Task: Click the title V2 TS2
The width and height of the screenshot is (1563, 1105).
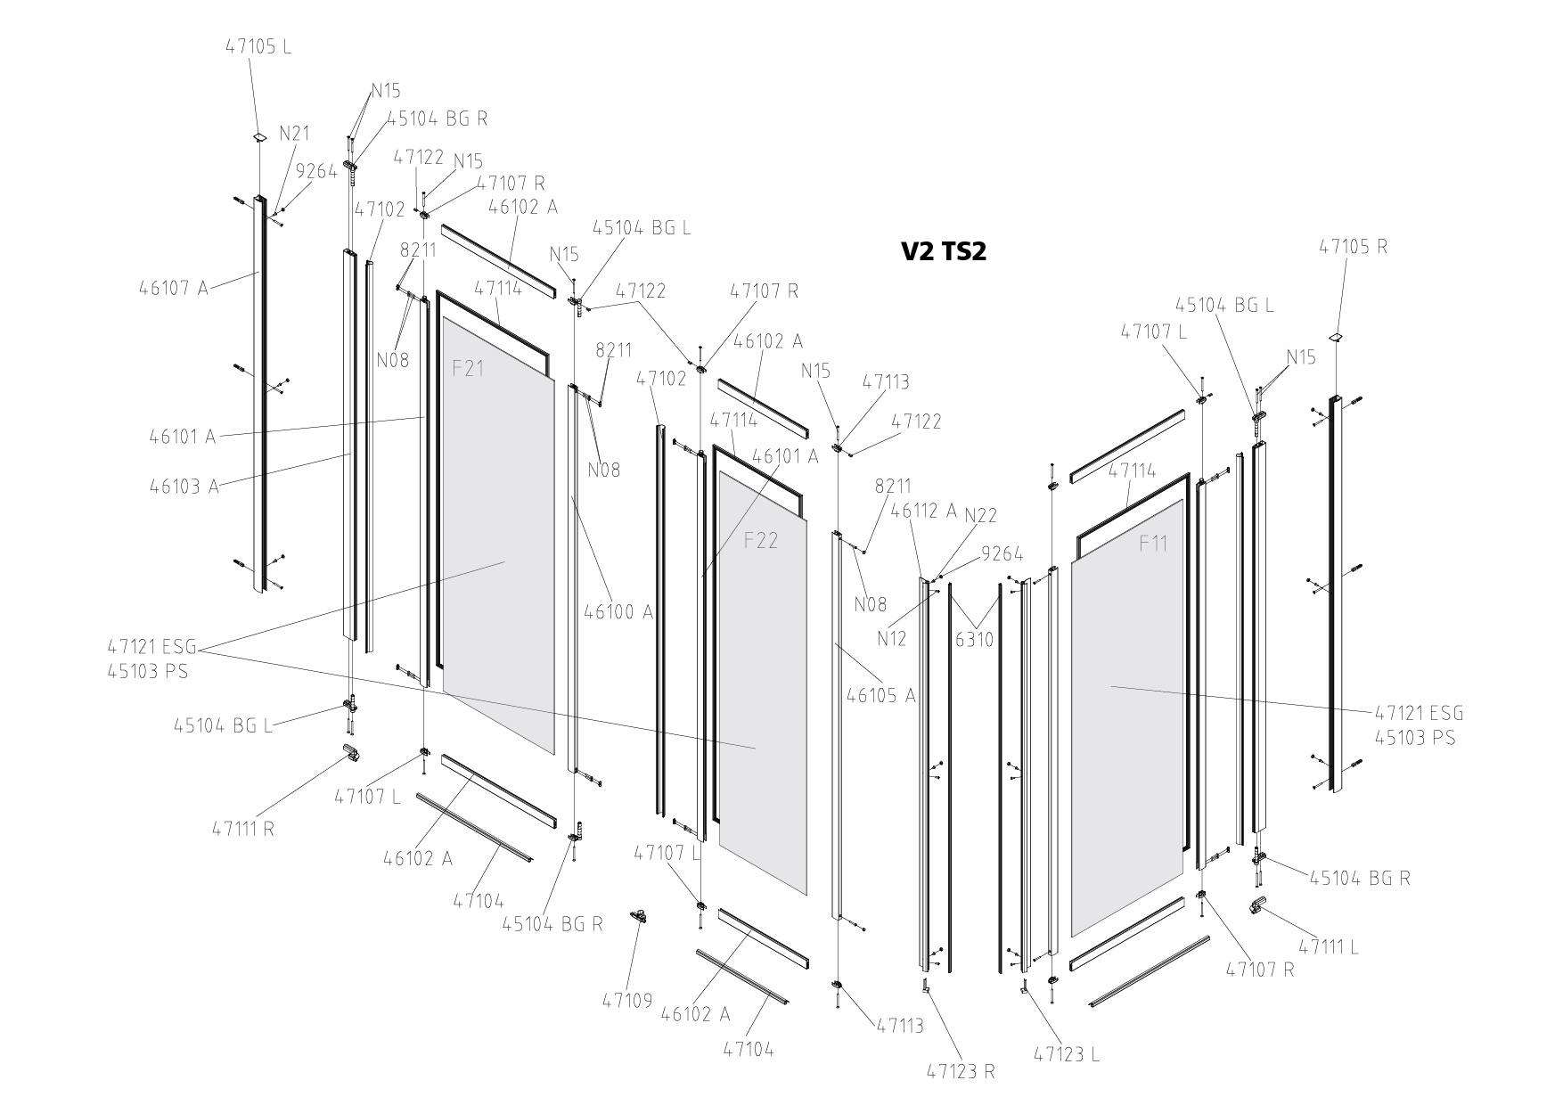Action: [x=944, y=251]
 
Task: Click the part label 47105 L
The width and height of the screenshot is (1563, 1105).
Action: [x=258, y=46]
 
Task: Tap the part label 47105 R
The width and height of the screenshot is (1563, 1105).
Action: [x=1353, y=247]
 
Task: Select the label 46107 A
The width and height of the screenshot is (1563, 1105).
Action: [x=173, y=288]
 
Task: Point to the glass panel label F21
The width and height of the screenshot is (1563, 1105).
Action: [x=468, y=367]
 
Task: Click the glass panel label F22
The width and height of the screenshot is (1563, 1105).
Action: [x=761, y=540]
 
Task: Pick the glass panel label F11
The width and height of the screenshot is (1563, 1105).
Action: [x=1153, y=543]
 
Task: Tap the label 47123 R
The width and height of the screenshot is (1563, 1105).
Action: [x=960, y=1071]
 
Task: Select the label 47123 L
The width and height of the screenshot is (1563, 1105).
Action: [x=1067, y=1054]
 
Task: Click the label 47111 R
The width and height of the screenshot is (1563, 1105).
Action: [x=242, y=828]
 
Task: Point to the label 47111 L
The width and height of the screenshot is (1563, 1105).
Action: [x=1328, y=947]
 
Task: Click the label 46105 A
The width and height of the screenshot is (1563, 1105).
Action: [x=880, y=696]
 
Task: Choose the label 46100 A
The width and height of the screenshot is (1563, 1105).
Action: [x=618, y=612]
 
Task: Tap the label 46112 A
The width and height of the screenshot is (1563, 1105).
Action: [x=924, y=511]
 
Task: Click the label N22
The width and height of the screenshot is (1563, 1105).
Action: [x=981, y=515]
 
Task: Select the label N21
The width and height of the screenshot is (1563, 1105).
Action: [x=294, y=134]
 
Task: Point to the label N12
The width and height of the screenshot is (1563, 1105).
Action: [x=891, y=638]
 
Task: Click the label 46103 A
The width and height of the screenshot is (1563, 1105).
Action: [x=184, y=487]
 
